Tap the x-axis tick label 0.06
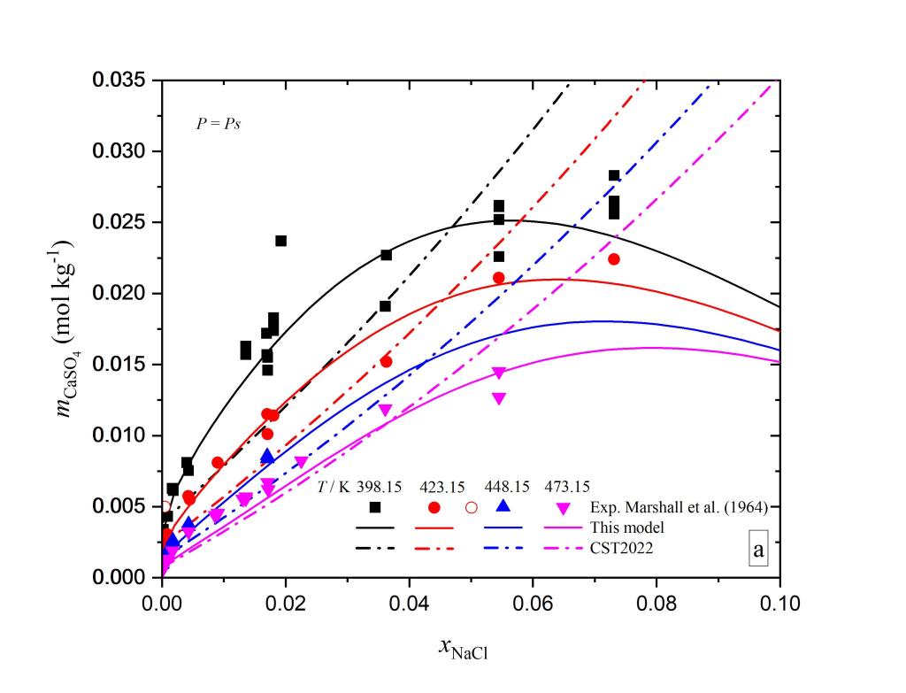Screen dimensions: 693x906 click(533, 604)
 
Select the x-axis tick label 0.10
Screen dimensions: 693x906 click(779, 604)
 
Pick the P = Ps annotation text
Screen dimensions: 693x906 click(219, 124)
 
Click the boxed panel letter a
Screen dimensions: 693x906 click(758, 551)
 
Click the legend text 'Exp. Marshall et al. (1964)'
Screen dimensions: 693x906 click(679, 507)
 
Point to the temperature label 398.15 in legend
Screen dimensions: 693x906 click(378, 487)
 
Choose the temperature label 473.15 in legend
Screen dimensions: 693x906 click(567, 487)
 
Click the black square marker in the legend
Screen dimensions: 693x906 click(375, 507)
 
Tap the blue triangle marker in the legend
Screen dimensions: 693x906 click(503, 506)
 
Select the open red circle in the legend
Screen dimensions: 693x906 click(472, 507)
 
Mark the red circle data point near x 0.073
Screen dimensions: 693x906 click(614, 259)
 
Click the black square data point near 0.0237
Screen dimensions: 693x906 click(281, 241)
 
